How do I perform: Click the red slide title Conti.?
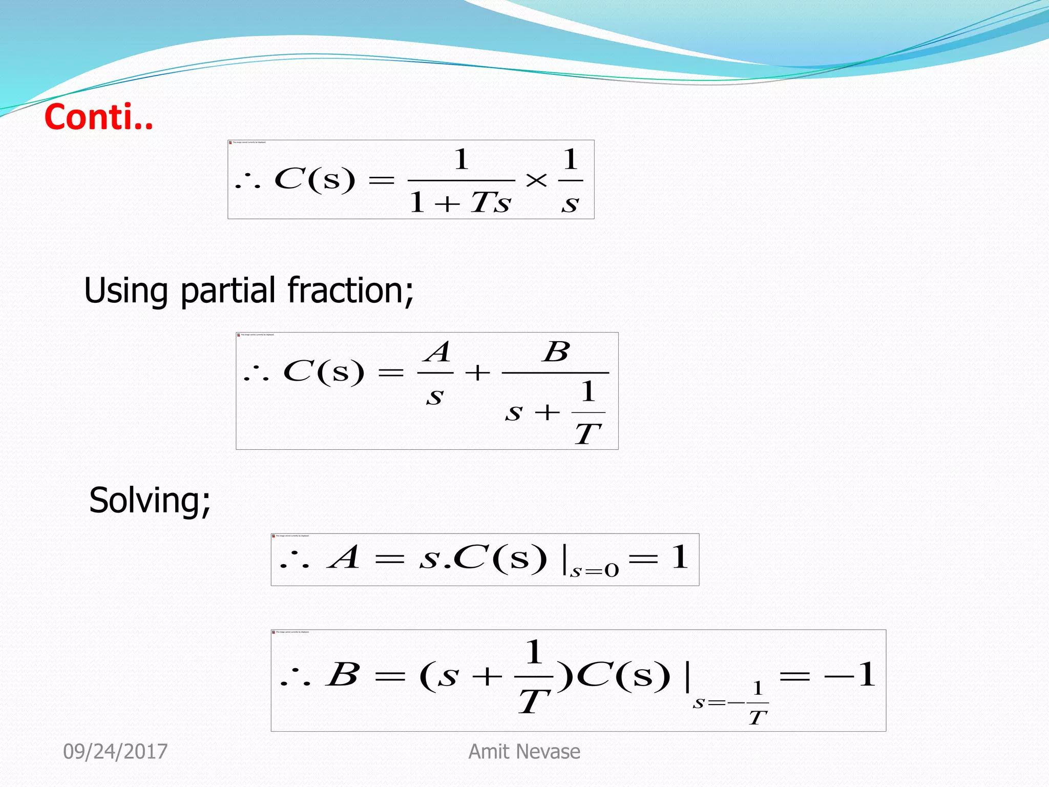click(98, 117)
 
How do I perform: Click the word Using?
click(125, 291)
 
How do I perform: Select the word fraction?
click(350, 290)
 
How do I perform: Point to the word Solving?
click(150, 501)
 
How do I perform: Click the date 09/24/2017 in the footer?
click(115, 752)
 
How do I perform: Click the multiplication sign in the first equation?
click(536, 180)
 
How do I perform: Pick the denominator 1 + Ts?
click(460, 202)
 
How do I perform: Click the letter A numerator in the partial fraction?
click(438, 353)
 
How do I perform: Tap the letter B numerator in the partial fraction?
click(557, 352)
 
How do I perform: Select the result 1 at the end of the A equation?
click(680, 557)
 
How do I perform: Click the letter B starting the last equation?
click(343, 674)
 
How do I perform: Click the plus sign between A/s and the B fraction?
click(477, 372)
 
